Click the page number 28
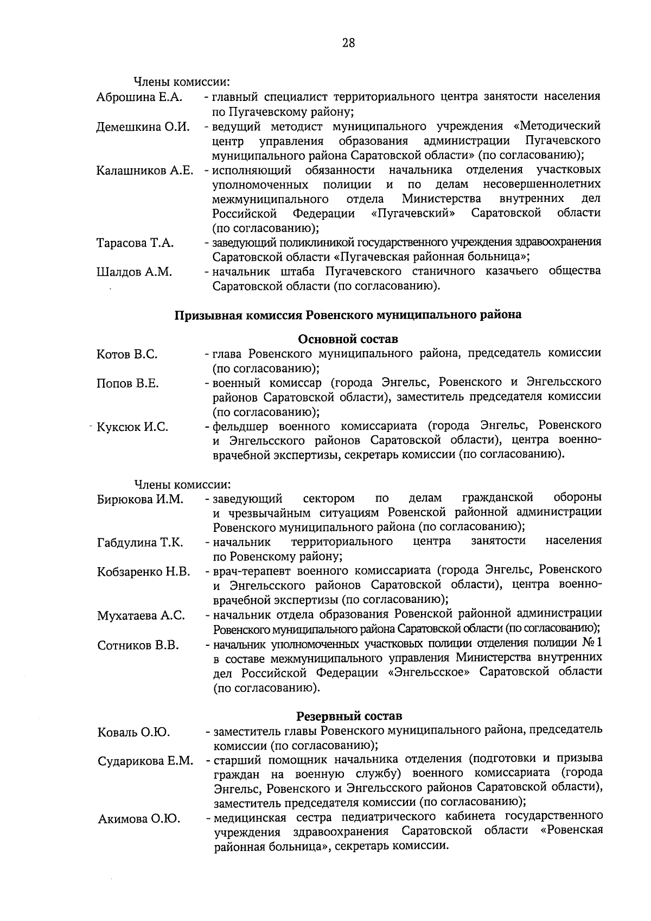pyautogui.click(x=348, y=43)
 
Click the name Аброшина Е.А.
pyautogui.click(x=139, y=98)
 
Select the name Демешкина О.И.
pyautogui.click(x=143, y=127)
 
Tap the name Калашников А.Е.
pyautogui.click(x=145, y=171)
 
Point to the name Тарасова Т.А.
pyautogui.click(x=135, y=243)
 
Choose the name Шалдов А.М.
pyautogui.click(x=134, y=272)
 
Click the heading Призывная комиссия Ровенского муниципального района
pyautogui.click(x=348, y=315)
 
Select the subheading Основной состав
pyautogui.click(x=348, y=339)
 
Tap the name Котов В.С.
pyautogui.click(x=127, y=354)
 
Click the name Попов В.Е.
pyautogui.click(x=127, y=384)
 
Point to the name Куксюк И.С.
pyautogui.click(x=132, y=427)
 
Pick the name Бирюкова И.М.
pyautogui.click(x=141, y=499)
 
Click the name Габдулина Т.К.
pyautogui.click(x=140, y=543)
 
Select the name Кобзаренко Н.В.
pyautogui.click(x=143, y=571)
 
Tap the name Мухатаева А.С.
pyautogui.click(x=141, y=615)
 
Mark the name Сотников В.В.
pyautogui.click(x=138, y=645)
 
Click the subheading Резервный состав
pyautogui.click(x=349, y=716)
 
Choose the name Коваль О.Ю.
pyautogui.click(x=133, y=733)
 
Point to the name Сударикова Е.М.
pyautogui.click(x=145, y=761)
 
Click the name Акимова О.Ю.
pyautogui.click(x=139, y=819)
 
